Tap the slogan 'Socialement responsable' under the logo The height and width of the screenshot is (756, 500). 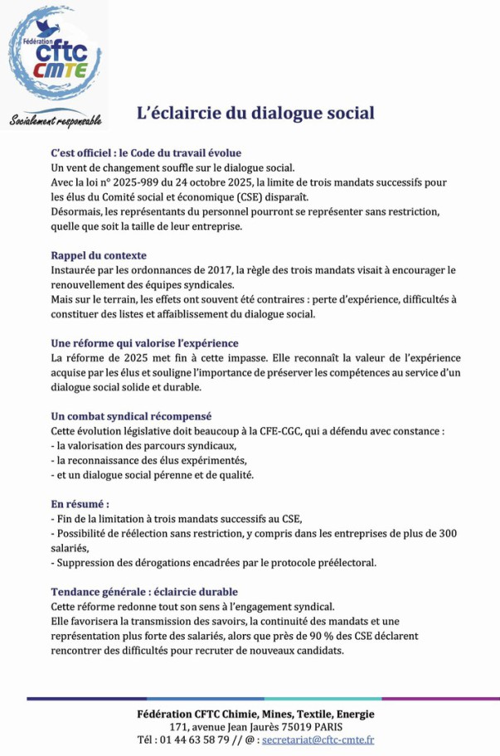pos(56,121)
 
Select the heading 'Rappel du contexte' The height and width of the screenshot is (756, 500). pos(99,255)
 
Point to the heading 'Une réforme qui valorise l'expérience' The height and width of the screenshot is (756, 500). pos(144,342)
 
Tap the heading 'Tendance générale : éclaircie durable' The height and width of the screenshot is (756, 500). pos(144,592)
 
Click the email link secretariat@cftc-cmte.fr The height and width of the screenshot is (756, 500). pos(318,740)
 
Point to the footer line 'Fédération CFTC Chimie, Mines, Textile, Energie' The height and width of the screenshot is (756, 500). pos(255,714)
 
